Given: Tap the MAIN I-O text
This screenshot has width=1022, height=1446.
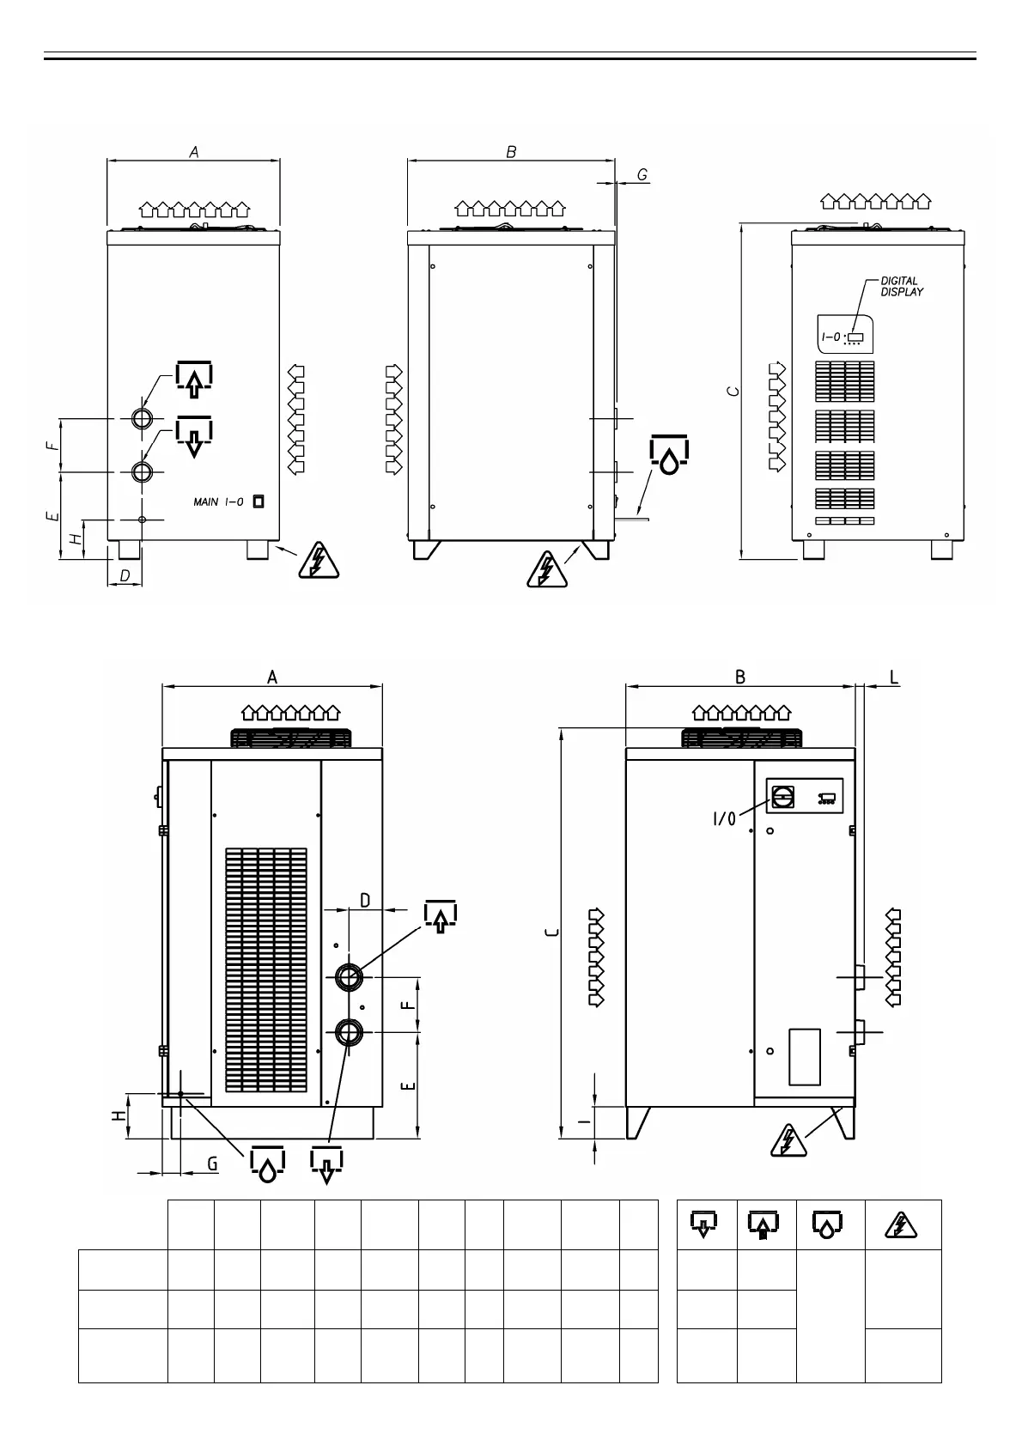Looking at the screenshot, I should pos(218,502).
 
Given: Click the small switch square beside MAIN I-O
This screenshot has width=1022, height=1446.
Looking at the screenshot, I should pos(258,502).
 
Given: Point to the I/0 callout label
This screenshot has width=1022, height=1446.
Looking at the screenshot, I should pos(724,819).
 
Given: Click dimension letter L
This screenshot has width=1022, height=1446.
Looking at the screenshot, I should pos(894,677).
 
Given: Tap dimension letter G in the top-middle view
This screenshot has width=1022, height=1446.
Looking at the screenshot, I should pos(642,175).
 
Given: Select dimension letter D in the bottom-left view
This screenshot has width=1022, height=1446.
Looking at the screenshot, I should pos(365,901).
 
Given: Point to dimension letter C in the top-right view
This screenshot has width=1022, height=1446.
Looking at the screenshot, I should pos(732,391).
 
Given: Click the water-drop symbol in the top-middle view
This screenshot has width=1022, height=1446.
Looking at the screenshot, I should pos(669,456).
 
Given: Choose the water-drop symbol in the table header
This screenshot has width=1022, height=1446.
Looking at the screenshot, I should pos(825,1225).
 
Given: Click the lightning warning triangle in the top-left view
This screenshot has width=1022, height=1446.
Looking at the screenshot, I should pos(318,561).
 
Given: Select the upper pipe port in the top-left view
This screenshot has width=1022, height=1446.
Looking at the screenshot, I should pos(143,418).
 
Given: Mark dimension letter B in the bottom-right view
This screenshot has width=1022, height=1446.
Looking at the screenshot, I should pos(740,677).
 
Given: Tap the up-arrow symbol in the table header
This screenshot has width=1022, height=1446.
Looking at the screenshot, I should pos(764,1225).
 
